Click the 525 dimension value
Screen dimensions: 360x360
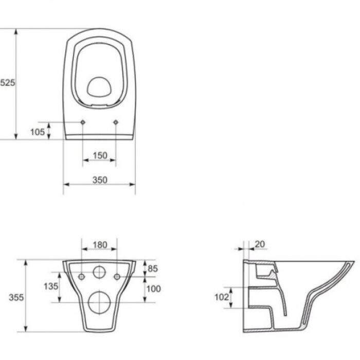point(7,83)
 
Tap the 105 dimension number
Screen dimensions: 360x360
point(38,132)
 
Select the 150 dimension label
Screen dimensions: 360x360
point(100,156)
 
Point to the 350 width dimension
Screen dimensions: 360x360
point(100,180)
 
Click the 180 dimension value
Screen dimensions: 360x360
point(100,245)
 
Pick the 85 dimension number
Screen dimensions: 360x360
point(153,268)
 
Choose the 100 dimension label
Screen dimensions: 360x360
point(154,289)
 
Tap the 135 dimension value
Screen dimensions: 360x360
point(51,286)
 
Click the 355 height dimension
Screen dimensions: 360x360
point(16,298)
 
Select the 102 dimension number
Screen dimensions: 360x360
point(222,297)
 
